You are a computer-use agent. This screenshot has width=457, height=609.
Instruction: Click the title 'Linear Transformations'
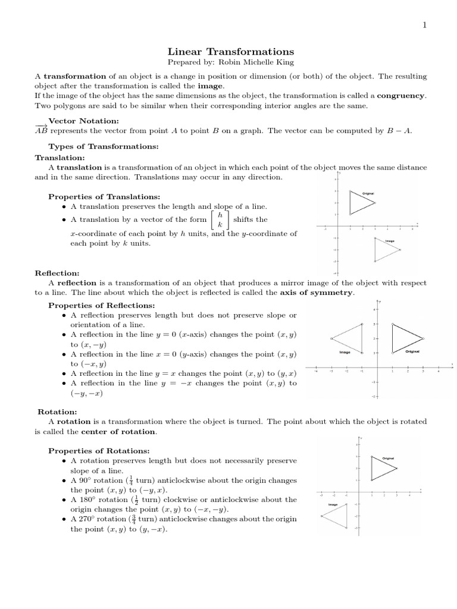tap(228, 52)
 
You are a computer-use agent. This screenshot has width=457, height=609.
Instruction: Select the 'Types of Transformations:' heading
tap(95, 146)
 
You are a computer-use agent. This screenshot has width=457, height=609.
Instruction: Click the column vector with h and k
tap(220, 219)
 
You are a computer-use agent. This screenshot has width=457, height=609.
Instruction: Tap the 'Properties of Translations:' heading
tap(104, 196)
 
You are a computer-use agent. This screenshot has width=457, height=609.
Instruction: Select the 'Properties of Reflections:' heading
tap(101, 305)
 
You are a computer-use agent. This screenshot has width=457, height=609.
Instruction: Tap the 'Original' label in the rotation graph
tap(389, 459)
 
